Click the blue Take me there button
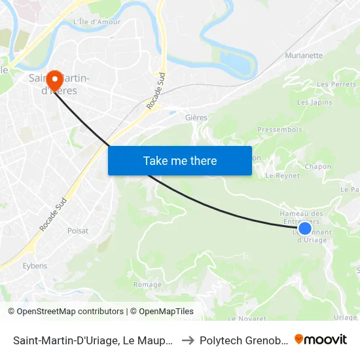179,160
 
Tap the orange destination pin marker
54,81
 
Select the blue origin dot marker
304,228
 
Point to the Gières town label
196,118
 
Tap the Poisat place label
78,230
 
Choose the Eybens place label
35,266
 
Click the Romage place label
147,285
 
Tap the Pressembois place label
279,130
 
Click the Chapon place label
317,167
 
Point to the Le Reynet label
283,175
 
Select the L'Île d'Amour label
97,22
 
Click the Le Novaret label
247,318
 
